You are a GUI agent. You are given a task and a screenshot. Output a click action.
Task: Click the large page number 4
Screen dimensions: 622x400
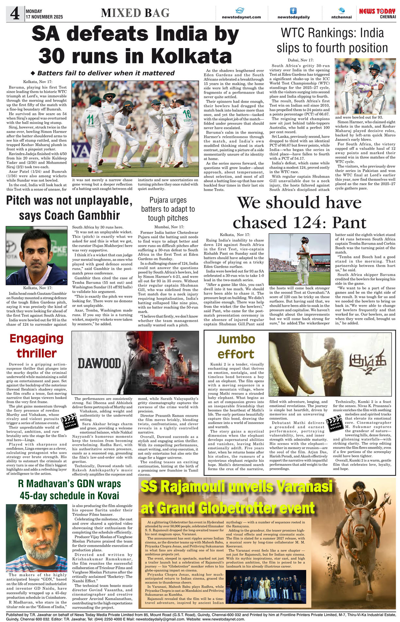(x=15, y=13)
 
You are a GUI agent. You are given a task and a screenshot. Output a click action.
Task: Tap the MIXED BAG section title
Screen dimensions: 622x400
(x=135, y=13)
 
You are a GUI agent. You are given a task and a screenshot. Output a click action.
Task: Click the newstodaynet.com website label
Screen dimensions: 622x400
(x=241, y=17)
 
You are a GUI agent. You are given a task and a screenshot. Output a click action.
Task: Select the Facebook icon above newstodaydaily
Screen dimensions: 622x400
(x=293, y=11)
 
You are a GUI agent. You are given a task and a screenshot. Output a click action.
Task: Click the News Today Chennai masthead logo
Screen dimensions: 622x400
(x=377, y=13)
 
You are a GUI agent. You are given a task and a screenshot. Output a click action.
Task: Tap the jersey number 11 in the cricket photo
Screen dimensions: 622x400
(x=91, y=120)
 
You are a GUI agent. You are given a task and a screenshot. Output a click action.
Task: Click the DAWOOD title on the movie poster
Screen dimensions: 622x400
(x=99, y=363)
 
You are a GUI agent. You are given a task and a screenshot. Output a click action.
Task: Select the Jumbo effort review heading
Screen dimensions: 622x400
(x=236, y=347)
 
